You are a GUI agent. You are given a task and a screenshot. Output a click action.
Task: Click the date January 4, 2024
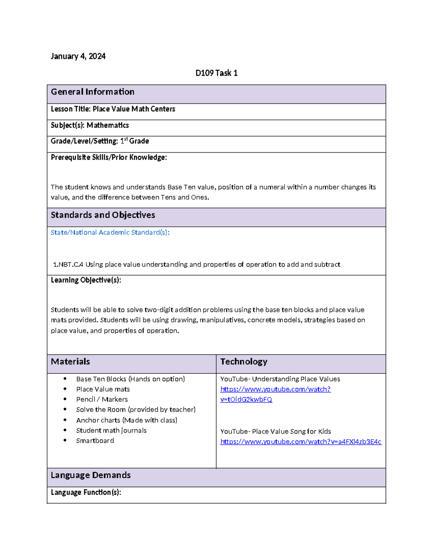point(78,56)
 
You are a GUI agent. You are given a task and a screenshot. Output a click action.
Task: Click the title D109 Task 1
point(216,73)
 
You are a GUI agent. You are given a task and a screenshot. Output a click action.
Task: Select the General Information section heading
point(92,92)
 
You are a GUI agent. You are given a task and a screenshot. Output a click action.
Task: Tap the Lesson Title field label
point(71,109)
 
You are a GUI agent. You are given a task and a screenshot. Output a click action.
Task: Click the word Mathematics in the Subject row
point(108,125)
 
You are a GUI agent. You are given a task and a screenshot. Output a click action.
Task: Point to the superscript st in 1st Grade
point(126,139)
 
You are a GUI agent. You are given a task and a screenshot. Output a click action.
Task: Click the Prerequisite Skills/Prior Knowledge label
point(109,157)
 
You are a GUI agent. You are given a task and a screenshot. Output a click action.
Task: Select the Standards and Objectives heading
point(103,215)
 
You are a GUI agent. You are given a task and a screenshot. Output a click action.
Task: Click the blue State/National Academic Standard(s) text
point(110,233)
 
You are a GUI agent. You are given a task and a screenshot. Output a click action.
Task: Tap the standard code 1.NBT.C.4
point(68,265)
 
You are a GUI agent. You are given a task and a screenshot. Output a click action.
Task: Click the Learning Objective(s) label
point(86,280)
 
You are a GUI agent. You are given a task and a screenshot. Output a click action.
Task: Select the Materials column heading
point(70,362)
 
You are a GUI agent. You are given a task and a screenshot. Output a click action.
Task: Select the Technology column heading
point(244,362)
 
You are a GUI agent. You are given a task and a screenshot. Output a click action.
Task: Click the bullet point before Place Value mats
point(65,389)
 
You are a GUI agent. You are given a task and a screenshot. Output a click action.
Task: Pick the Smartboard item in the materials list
point(95,441)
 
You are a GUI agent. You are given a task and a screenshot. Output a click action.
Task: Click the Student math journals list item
point(111,431)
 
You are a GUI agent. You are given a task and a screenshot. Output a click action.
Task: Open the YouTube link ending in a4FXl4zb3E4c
point(301,442)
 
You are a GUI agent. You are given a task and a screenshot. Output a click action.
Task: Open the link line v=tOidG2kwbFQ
point(246,400)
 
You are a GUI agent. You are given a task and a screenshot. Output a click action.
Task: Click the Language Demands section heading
point(91,475)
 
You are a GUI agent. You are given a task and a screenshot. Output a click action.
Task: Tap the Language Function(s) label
point(86,493)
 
